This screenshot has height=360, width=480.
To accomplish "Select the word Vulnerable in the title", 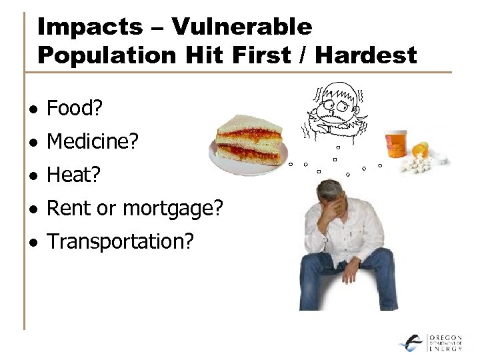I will [241, 27].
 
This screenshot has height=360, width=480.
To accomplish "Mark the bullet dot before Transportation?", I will [33, 243].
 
